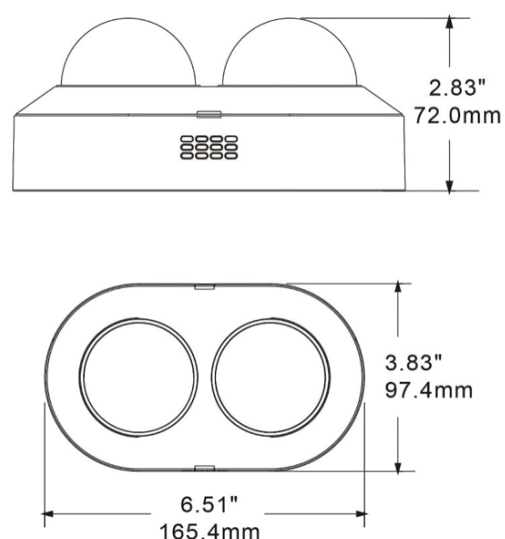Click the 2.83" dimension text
(458, 88)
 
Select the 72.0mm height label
(457, 115)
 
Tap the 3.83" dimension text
(413, 362)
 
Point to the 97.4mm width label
(429, 391)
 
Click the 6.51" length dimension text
(209, 504)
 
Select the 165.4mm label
(209, 531)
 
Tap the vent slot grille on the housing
(209, 148)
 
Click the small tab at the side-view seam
(209, 114)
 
